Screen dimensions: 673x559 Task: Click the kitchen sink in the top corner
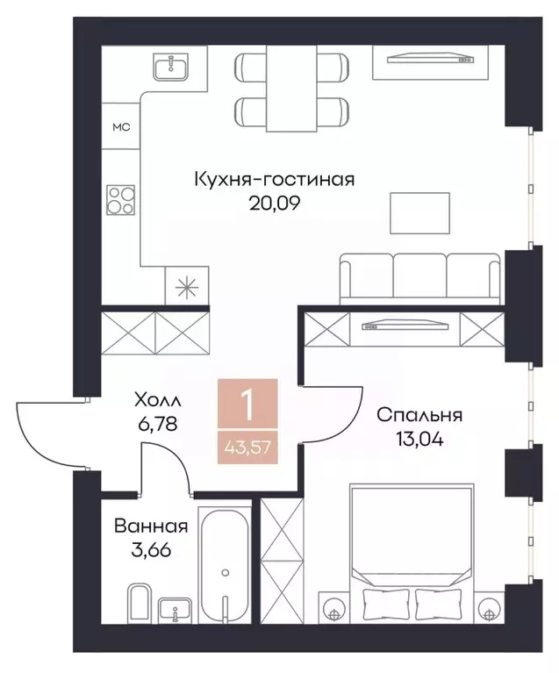click(173, 66)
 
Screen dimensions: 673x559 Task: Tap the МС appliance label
click(120, 128)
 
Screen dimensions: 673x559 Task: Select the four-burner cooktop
click(121, 201)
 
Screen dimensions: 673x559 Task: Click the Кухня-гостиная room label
click(274, 181)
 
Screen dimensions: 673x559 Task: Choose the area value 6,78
click(158, 425)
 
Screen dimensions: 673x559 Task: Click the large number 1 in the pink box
click(249, 405)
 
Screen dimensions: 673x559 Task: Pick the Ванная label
click(150, 527)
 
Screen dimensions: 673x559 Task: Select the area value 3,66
click(140, 552)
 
